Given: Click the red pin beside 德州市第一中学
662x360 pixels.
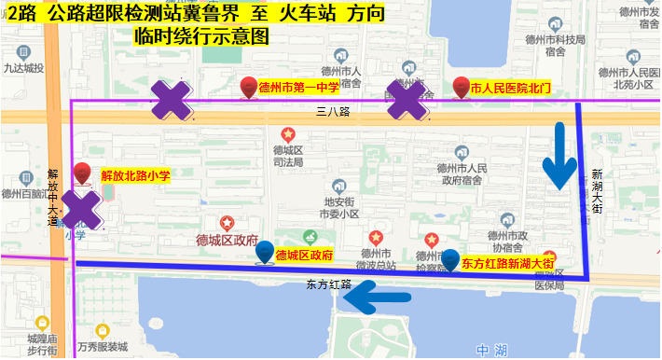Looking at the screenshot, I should pyautogui.click(x=249, y=88).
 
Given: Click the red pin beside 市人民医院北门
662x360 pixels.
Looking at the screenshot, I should pyautogui.click(x=461, y=88).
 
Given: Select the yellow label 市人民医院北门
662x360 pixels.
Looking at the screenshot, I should pyautogui.click(x=511, y=89).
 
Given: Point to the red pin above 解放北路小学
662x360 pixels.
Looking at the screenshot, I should pyautogui.click(x=82, y=173).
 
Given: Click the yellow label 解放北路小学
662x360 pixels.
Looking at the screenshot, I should pyautogui.click(x=135, y=173).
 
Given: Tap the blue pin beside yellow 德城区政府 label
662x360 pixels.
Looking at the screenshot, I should pyautogui.click(x=266, y=252).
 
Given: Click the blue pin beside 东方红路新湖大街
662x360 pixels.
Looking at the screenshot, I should pyautogui.click(x=449, y=260).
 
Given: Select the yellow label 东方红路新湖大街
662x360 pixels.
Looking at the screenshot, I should pyautogui.click(x=508, y=264).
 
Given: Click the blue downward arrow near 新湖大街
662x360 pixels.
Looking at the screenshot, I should pyautogui.click(x=560, y=156).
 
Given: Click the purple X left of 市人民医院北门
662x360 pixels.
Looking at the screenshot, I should pyautogui.click(x=407, y=100).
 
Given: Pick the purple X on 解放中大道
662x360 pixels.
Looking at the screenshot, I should pyautogui.click(x=81, y=210).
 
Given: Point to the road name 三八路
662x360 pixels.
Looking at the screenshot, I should pyautogui.click(x=333, y=111).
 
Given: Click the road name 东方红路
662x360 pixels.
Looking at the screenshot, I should pyautogui.click(x=326, y=284).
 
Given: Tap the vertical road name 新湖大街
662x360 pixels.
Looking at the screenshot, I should pyautogui.click(x=597, y=194).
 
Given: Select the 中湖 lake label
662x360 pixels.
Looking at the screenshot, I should pyautogui.click(x=490, y=350).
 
